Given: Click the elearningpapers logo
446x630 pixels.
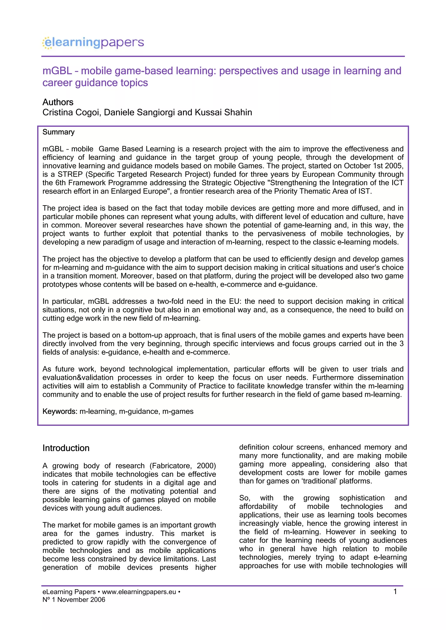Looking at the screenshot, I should [93, 43].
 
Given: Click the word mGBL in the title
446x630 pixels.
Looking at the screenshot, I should [57, 71].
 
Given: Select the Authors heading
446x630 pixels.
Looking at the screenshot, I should [58, 102].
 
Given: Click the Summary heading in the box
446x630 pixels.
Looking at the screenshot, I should [58, 132].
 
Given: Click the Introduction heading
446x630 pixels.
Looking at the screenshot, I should [66, 448].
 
